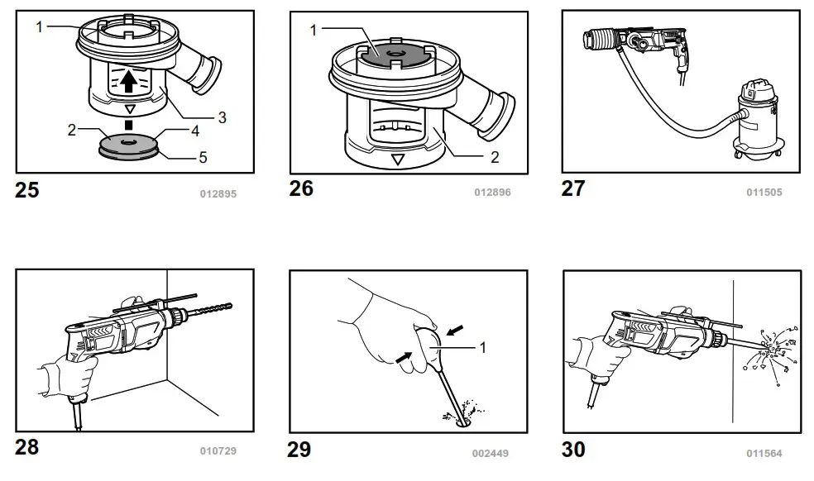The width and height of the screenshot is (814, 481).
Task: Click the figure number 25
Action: pyautogui.click(x=26, y=190)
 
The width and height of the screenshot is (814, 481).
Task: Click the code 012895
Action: pyautogui.click(x=218, y=195)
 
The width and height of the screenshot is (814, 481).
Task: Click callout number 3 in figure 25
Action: pyautogui.click(x=222, y=117)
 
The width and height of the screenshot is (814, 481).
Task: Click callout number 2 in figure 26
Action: pyautogui.click(x=495, y=158)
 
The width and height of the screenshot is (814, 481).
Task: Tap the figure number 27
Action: pyautogui.click(x=573, y=188)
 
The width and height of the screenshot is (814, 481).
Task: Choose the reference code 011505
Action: pyautogui.click(x=764, y=193)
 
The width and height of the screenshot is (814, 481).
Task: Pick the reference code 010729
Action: pyautogui.click(x=218, y=451)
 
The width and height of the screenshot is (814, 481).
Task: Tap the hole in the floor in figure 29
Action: pyautogui.click(x=462, y=421)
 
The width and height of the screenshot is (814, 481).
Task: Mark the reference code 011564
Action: pyautogui.click(x=764, y=453)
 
